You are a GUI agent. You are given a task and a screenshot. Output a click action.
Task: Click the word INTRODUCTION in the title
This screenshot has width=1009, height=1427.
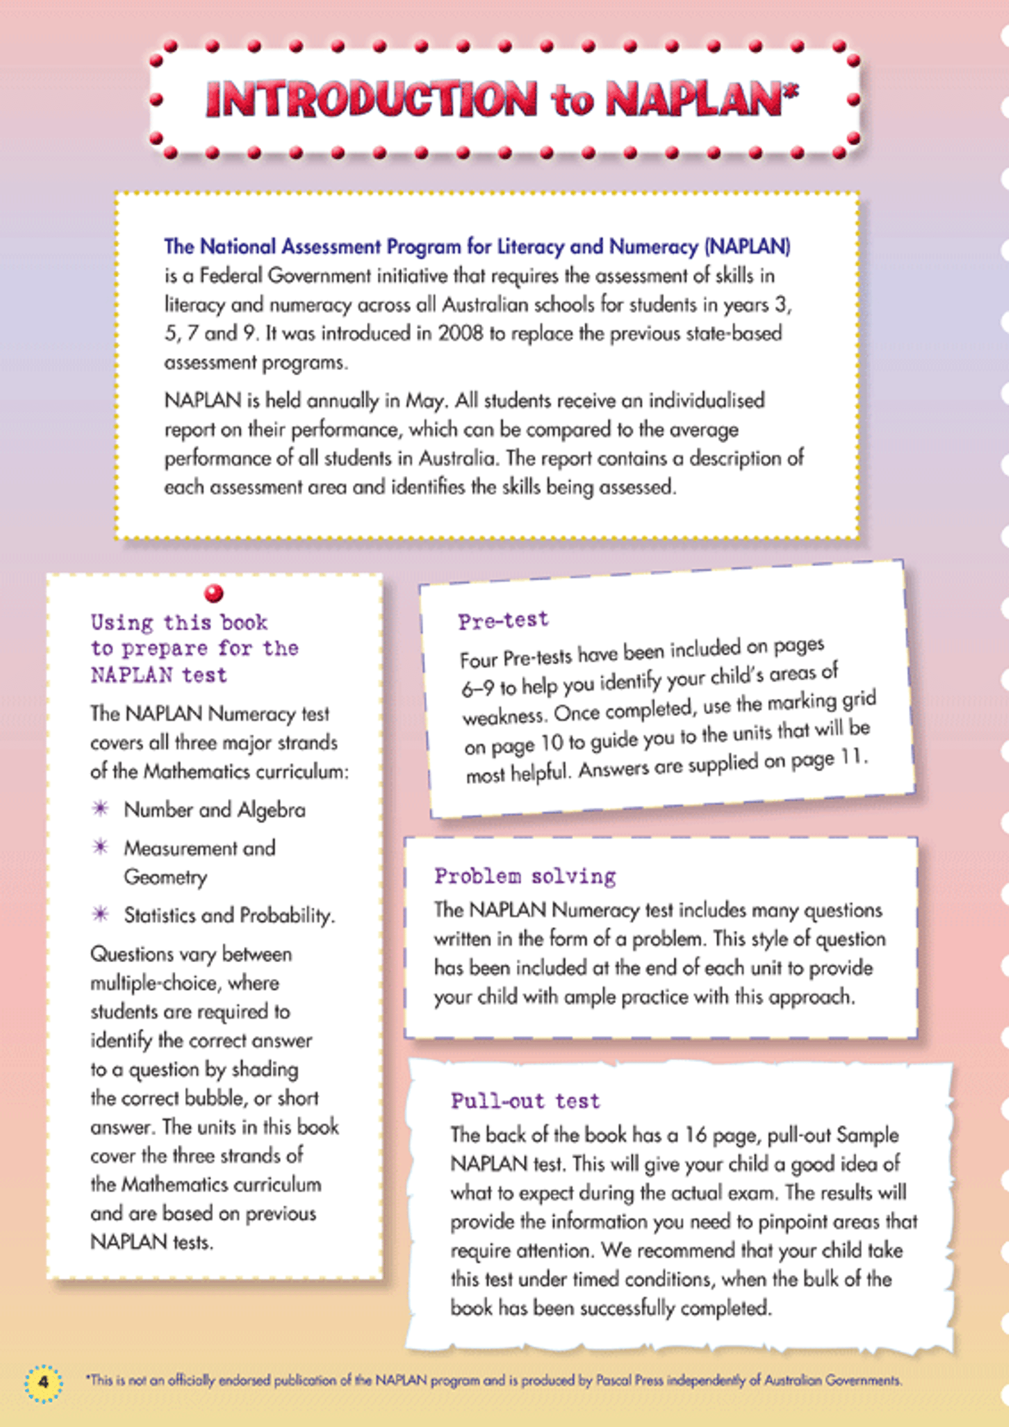point(371,99)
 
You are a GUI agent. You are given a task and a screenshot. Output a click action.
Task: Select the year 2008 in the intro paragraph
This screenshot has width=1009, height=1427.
point(460,334)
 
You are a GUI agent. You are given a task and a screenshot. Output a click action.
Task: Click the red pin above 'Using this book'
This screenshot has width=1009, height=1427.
point(214,593)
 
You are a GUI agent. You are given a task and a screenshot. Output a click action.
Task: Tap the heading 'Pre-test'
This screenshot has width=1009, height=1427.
point(503,620)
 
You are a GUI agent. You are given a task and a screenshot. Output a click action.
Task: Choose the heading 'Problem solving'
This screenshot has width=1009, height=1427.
point(525,876)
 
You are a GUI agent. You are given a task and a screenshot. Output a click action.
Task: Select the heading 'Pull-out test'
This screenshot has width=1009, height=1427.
point(526,1102)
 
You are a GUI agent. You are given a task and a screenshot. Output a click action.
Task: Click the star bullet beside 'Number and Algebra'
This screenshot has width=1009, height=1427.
point(100,808)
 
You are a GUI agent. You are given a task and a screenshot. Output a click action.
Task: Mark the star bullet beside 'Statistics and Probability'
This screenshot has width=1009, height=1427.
point(100,914)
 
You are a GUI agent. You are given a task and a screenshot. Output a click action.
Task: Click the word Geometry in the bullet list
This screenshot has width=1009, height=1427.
point(165,877)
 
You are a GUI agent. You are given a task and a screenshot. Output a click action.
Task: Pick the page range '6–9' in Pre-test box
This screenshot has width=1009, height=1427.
point(478,689)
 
